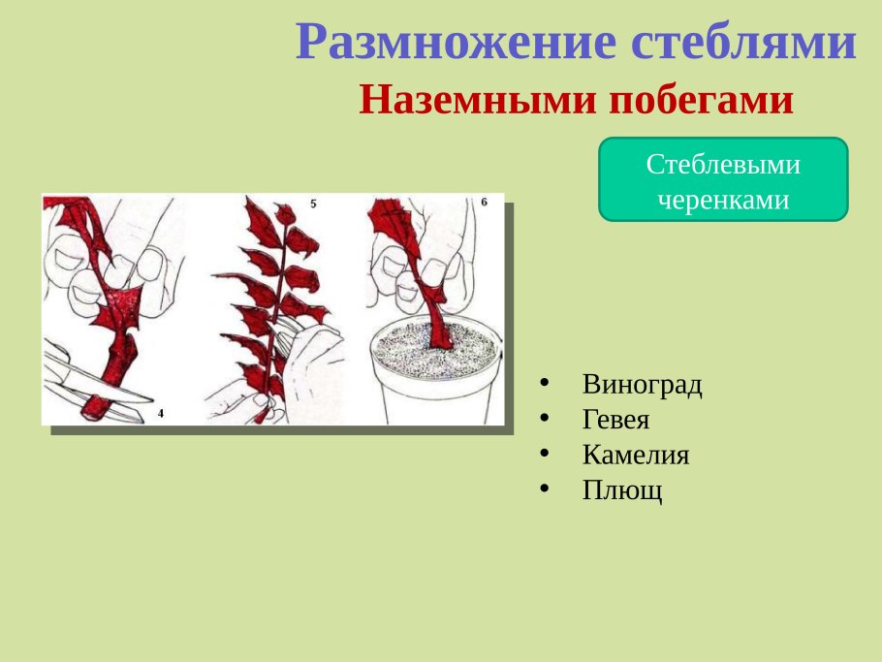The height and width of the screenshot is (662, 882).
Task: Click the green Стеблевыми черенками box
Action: point(723,179)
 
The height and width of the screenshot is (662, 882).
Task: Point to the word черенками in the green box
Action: point(723,200)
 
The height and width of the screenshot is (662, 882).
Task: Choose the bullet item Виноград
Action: point(642,385)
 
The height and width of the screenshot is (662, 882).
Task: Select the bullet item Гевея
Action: point(615,421)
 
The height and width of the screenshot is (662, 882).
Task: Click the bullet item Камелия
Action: point(636,456)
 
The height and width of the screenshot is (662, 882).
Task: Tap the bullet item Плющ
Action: point(622,490)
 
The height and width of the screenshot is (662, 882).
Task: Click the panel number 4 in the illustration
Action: point(161,414)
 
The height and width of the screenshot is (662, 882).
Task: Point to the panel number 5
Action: point(313,204)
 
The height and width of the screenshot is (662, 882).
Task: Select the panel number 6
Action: point(485,203)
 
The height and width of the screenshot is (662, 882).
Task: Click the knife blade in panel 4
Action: point(97,393)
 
